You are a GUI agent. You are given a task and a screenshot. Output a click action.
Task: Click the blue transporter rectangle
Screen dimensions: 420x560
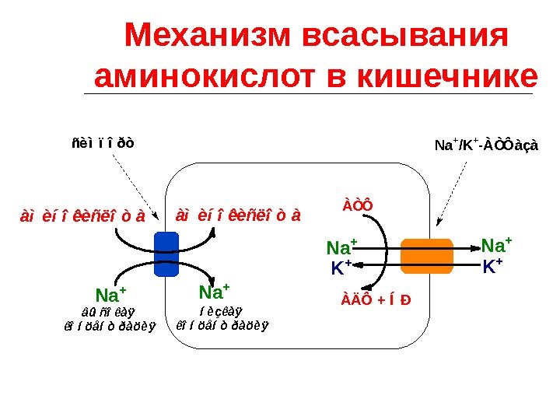[x=166, y=254]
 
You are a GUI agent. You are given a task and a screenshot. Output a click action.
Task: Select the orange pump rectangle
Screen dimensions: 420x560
[x=426, y=255]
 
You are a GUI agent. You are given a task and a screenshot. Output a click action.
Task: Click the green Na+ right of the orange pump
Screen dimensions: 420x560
[x=496, y=247]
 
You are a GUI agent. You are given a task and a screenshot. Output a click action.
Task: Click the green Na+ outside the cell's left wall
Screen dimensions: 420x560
[x=110, y=296]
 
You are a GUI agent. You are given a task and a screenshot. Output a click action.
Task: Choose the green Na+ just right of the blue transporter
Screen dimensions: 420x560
[x=214, y=292]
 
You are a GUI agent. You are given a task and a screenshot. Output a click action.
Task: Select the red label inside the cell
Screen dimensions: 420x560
[x=238, y=214]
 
